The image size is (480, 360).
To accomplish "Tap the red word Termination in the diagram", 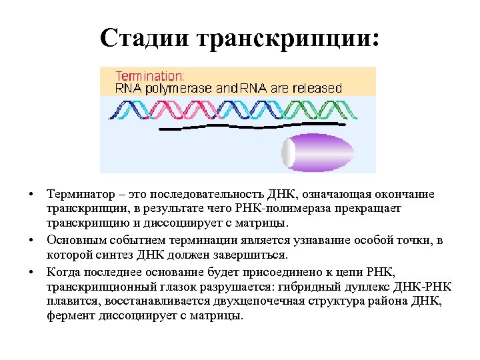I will [150, 75].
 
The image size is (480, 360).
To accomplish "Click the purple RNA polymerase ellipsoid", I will [326, 153].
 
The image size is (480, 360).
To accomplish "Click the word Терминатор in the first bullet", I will [79, 195].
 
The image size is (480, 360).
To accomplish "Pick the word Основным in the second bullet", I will [74, 241].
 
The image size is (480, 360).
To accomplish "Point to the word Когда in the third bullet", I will [63, 273].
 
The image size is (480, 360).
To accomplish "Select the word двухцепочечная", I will [267, 301].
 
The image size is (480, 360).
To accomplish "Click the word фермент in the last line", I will [68, 315].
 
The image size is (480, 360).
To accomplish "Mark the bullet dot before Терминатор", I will [31, 195].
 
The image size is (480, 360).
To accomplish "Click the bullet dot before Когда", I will [31, 273].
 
